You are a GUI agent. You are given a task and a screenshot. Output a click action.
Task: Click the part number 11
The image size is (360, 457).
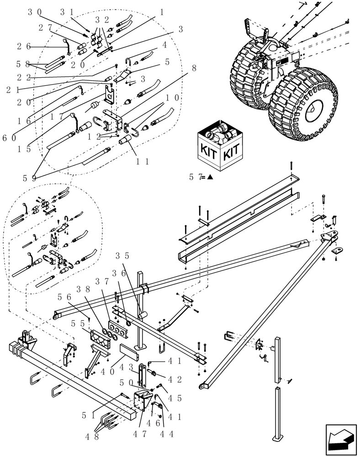[142, 162]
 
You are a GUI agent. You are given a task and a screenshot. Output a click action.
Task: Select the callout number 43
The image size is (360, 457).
[125, 367]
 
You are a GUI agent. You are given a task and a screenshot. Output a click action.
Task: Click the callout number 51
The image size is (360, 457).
[89, 415]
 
